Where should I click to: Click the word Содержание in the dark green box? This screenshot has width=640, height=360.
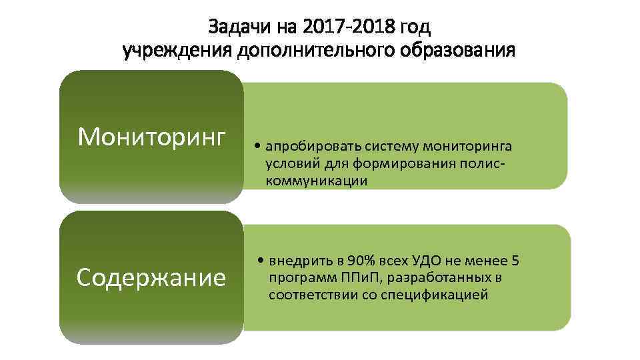pyautogui.click(x=151, y=277)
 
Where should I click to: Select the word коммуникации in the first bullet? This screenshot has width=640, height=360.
pyautogui.click(x=317, y=181)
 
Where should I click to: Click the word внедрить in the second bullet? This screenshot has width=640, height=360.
pyautogui.click(x=297, y=261)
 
